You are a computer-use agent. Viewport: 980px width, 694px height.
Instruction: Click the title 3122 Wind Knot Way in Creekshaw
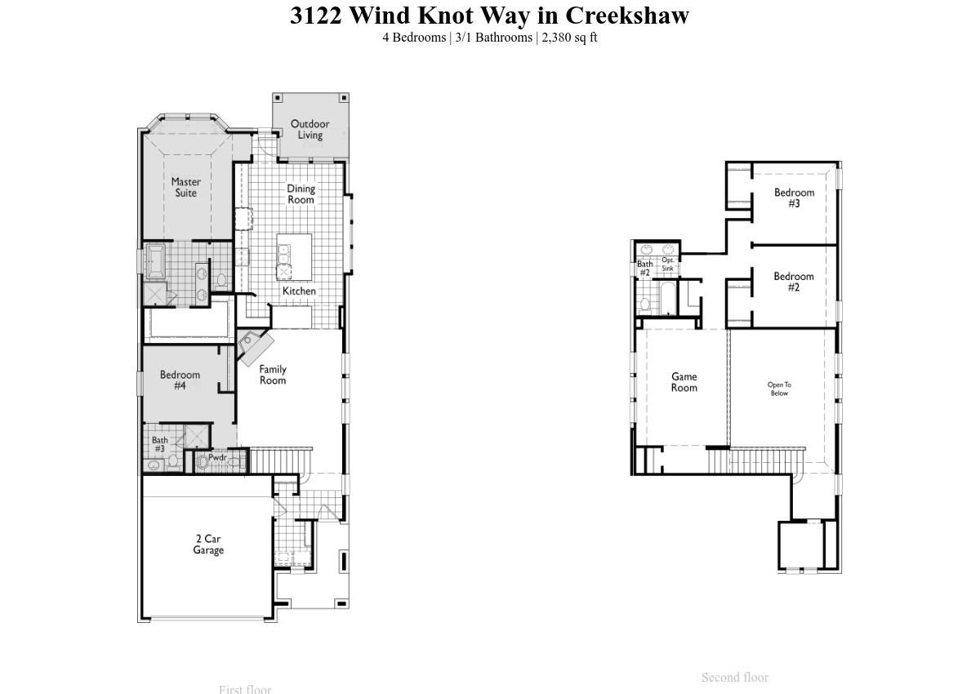pyautogui.click(x=489, y=16)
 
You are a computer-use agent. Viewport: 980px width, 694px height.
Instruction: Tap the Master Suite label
pyautogui.click(x=186, y=187)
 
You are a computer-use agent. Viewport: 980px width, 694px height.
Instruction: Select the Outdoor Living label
pyautogui.click(x=310, y=129)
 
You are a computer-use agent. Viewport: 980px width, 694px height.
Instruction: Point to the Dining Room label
pyautogui.click(x=301, y=194)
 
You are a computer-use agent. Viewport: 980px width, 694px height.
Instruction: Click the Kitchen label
pyautogui.click(x=299, y=291)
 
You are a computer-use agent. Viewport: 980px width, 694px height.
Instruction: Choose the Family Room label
pyautogui.click(x=273, y=375)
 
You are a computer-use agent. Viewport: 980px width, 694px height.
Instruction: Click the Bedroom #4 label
pyautogui.click(x=180, y=380)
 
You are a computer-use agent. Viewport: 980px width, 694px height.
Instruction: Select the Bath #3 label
pyautogui.click(x=159, y=444)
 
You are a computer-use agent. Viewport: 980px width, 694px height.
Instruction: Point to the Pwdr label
pyautogui.click(x=216, y=457)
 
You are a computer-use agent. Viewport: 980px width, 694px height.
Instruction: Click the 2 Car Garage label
pyautogui.click(x=208, y=545)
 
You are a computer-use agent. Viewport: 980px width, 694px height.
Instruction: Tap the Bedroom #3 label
pyautogui.click(x=794, y=198)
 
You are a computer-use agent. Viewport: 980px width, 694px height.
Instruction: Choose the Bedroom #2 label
pyautogui.click(x=794, y=282)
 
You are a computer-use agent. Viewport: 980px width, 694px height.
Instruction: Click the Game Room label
pyautogui.click(x=684, y=382)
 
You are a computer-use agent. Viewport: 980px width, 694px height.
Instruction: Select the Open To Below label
pyautogui.click(x=779, y=389)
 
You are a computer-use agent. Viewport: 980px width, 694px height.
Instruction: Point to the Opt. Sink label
pyautogui.click(x=668, y=264)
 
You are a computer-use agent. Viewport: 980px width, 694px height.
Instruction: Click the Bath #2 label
pyautogui.click(x=644, y=268)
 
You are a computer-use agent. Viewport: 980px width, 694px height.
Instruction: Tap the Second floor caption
pyautogui.click(x=734, y=677)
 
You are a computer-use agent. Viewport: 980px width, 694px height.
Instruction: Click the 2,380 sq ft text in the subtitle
pyautogui.click(x=569, y=37)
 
